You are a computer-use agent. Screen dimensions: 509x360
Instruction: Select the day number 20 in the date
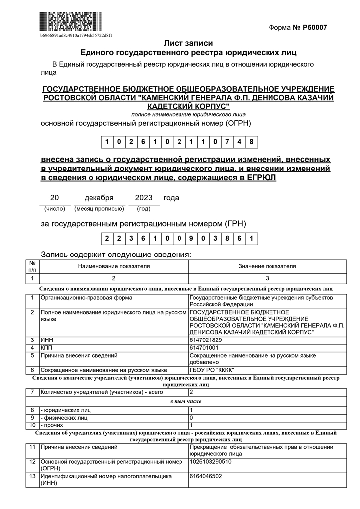coord(55,198)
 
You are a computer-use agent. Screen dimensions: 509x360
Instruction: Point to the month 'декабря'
coord(99,198)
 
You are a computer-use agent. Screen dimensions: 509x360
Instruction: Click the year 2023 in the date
coord(144,198)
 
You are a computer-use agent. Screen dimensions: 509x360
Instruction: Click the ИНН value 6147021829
coord(206,340)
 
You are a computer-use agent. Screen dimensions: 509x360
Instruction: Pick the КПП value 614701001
coord(204,348)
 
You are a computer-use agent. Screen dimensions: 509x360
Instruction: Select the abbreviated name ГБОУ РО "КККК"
coord(212,370)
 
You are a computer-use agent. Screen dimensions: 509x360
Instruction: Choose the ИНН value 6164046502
coord(206,476)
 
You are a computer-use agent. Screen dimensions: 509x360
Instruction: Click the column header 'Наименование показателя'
coord(114,266)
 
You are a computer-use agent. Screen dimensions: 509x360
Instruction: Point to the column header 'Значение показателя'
coord(267,266)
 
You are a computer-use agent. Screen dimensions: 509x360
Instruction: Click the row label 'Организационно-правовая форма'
coord(86,298)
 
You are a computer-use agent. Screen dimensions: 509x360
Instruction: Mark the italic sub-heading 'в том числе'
coord(186,401)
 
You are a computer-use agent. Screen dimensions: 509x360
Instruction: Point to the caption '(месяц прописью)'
coord(99,209)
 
